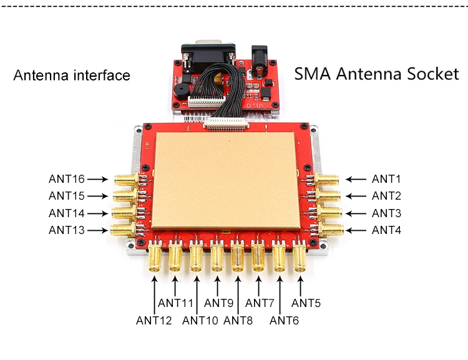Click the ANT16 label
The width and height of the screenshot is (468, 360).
pyautogui.click(x=67, y=179)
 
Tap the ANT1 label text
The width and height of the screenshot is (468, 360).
pyautogui.click(x=386, y=179)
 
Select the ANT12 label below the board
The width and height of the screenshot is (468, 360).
pyautogui.click(x=154, y=321)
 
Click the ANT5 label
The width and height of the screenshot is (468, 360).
pyautogui.click(x=306, y=303)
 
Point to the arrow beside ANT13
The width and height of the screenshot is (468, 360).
pyautogui.click(x=97, y=230)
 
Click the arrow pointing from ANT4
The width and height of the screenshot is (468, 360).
pyautogui.click(x=356, y=230)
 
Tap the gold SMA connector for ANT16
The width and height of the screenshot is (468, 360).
pyautogui.click(x=127, y=179)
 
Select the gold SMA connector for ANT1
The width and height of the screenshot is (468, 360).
pyautogui.click(x=326, y=180)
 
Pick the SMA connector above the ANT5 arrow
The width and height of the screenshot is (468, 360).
pyautogui.click(x=300, y=257)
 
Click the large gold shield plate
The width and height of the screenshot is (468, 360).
pyautogui.click(x=225, y=181)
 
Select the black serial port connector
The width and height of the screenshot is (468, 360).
pyautogui.click(x=208, y=56)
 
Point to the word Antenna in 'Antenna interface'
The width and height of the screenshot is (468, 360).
pyautogui.click(x=41, y=75)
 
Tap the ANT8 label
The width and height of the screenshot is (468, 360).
pyautogui.click(x=238, y=321)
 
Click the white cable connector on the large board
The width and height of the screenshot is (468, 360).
pyautogui.click(x=226, y=123)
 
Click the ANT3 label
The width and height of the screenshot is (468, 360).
pyautogui.click(x=386, y=213)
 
